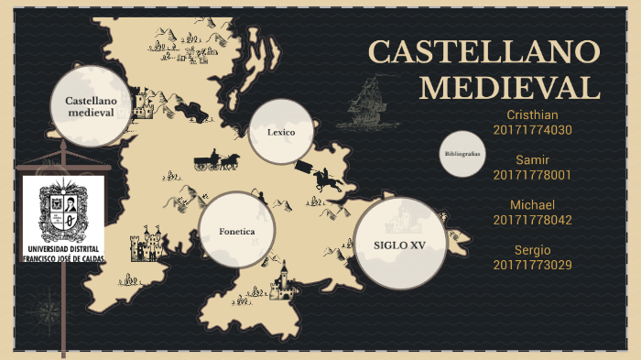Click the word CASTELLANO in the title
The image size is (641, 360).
[x=484, y=52]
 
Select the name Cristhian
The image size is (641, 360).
[x=532, y=115]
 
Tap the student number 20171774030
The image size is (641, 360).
[x=532, y=130]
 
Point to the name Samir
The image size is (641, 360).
[x=532, y=159]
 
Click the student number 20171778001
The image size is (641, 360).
[x=532, y=175]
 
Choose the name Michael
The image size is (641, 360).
[x=532, y=204]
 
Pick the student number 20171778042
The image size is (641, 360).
[x=532, y=220]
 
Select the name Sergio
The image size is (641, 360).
[x=532, y=249]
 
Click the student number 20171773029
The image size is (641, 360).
[x=532, y=265]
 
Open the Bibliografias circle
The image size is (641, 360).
[x=462, y=154]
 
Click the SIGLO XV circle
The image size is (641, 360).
[x=400, y=244]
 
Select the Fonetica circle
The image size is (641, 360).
[x=237, y=230]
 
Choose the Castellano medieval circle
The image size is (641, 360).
[x=90, y=105]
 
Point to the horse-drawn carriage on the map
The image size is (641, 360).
[x=216, y=161]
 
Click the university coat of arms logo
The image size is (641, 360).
[x=63, y=213]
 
